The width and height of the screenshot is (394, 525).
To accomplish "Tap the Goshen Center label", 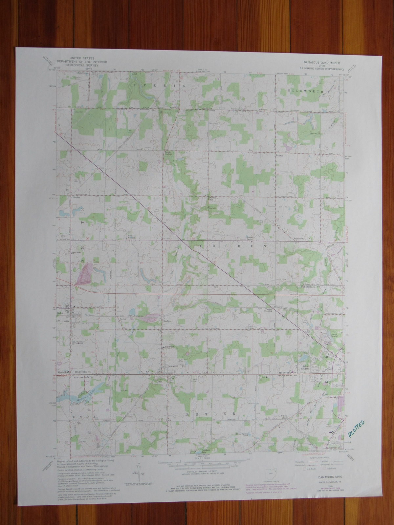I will (252, 238).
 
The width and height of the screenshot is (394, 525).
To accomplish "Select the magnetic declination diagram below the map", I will (138, 472).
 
